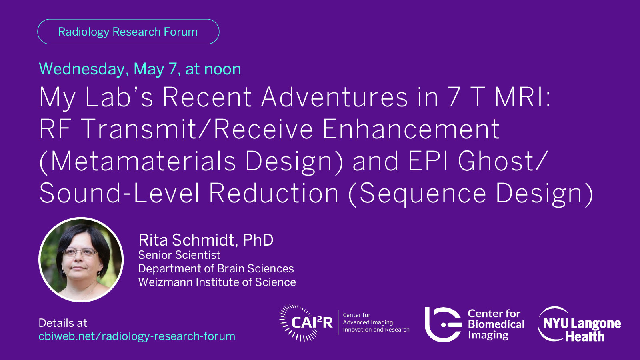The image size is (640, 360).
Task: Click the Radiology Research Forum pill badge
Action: point(128,32)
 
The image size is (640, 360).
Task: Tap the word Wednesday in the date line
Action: point(82,70)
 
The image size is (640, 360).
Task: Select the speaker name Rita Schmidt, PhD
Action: point(206,240)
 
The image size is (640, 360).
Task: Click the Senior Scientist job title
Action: point(179,255)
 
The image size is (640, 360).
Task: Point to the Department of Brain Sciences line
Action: point(216,268)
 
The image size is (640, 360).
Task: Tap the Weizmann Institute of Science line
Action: point(217,282)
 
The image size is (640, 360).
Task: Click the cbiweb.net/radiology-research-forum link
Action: point(137,336)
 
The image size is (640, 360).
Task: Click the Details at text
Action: point(62,323)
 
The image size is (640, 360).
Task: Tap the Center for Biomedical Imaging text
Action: point(496,324)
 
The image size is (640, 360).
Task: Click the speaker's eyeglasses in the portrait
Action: point(80,252)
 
